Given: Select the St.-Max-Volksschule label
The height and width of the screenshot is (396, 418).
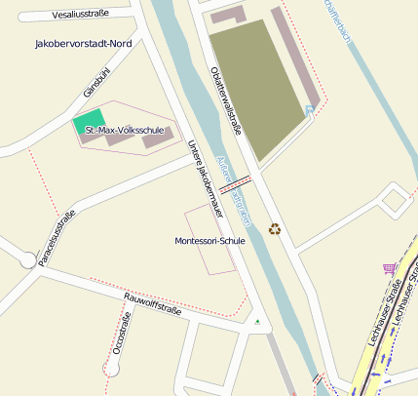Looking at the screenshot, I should (124, 130).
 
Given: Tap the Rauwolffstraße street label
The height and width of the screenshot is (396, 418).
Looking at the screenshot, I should (153, 304).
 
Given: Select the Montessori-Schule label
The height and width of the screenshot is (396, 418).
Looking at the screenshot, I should (209, 241).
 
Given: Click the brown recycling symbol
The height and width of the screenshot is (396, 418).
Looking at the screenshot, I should (275, 229).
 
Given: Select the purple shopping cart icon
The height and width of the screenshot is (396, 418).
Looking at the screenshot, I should (389, 268).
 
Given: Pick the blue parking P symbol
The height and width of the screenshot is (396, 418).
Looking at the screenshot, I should (309, 110).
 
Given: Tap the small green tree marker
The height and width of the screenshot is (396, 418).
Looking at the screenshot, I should (257, 320).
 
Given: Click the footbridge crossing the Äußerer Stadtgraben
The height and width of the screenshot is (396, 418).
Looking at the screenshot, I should (237, 182).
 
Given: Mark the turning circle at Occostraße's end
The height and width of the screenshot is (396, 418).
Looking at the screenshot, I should (113, 368).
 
